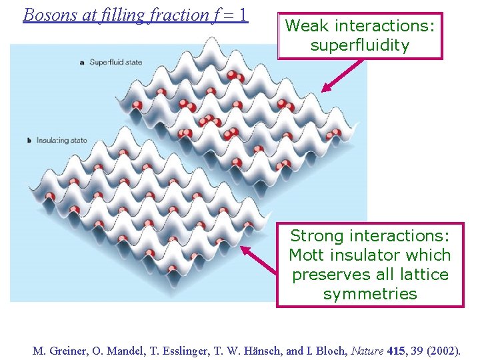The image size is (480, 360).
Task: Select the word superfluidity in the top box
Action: [360, 45]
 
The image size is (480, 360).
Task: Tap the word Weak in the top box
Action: [307, 26]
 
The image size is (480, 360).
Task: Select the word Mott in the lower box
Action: [306, 255]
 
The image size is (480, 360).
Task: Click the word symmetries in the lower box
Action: [370, 294]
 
